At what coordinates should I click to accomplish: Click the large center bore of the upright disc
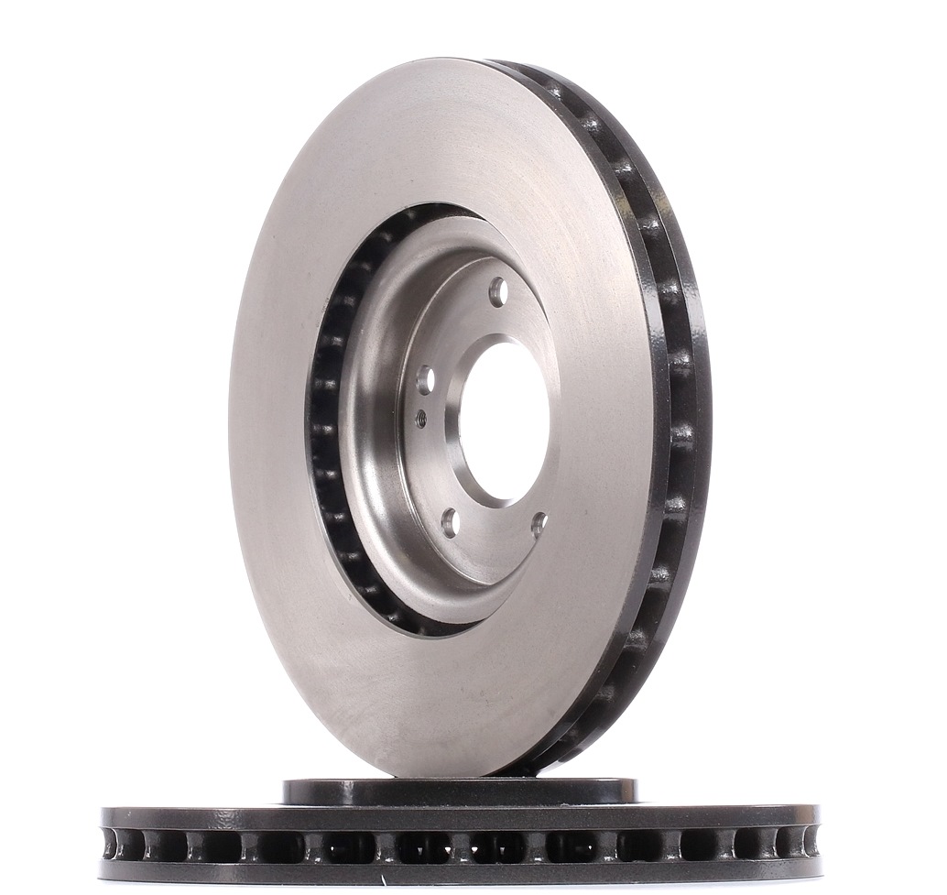(x=504, y=422)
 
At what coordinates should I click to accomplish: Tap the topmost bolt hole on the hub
(x=497, y=291)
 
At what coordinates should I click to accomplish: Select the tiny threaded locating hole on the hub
(x=420, y=419)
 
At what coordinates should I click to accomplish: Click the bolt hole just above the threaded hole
(x=425, y=379)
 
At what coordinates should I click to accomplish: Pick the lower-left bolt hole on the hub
(x=450, y=522)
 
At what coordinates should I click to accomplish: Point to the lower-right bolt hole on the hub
(x=539, y=523)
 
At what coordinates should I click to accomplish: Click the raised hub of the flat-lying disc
(x=458, y=791)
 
